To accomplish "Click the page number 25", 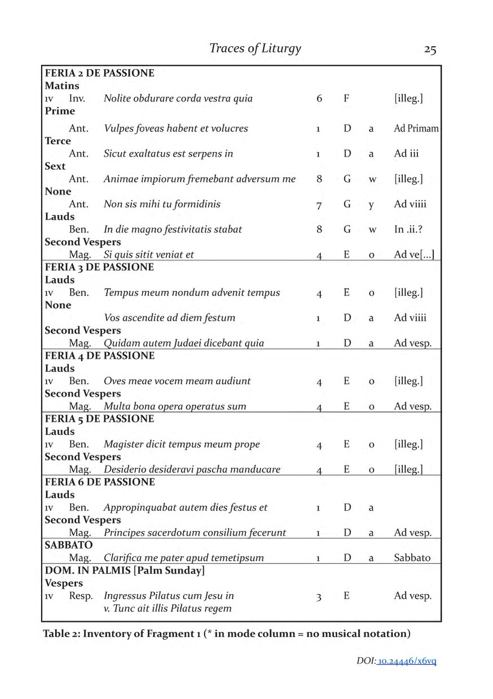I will (x=430, y=49).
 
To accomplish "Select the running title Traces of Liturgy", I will (x=255, y=48).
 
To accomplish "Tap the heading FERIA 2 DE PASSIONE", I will (x=99, y=73).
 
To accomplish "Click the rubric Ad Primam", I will (x=416, y=129).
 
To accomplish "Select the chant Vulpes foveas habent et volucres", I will (x=176, y=129).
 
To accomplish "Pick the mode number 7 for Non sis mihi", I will (x=319, y=204).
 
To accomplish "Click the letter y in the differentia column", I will (x=371, y=204).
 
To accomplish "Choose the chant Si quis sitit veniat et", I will (x=149, y=254).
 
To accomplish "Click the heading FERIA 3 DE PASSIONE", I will (x=99, y=267).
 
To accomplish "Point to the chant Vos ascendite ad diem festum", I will (x=169, y=317).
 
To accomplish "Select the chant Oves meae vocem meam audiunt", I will (x=177, y=381).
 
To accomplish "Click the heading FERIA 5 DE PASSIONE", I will (x=99, y=419).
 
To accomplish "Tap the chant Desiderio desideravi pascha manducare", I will (x=192, y=469).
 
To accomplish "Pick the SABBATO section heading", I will (x=68, y=545).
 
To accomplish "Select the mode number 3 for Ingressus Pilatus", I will (x=319, y=596).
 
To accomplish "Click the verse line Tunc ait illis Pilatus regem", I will (x=168, y=609).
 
